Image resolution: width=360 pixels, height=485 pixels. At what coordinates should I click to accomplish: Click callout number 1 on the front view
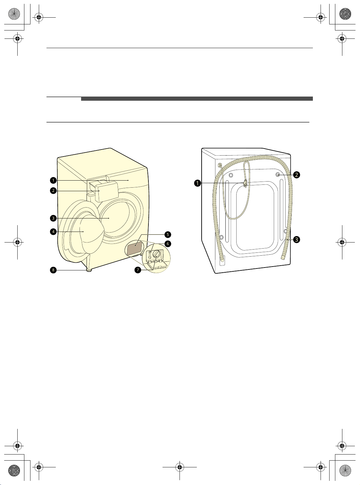pyautogui.click(x=53, y=180)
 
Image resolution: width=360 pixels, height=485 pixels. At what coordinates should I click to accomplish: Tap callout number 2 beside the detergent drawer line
pyautogui.click(x=53, y=191)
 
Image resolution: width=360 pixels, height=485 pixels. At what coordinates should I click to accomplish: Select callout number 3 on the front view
pyautogui.click(x=53, y=218)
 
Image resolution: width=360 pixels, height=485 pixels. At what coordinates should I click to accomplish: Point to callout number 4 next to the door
pyautogui.click(x=53, y=232)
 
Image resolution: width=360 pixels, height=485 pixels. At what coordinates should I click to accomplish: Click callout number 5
pyautogui.click(x=168, y=234)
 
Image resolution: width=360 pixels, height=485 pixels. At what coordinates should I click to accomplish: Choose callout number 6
pyautogui.click(x=168, y=244)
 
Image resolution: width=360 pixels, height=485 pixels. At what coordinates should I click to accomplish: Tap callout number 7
pyautogui.click(x=138, y=270)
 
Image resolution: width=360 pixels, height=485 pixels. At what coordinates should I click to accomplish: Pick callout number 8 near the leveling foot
pyautogui.click(x=53, y=270)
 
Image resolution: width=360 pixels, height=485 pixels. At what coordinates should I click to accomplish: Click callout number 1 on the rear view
pyautogui.click(x=197, y=183)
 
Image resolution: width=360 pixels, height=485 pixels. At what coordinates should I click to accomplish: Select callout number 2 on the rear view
pyautogui.click(x=297, y=175)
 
